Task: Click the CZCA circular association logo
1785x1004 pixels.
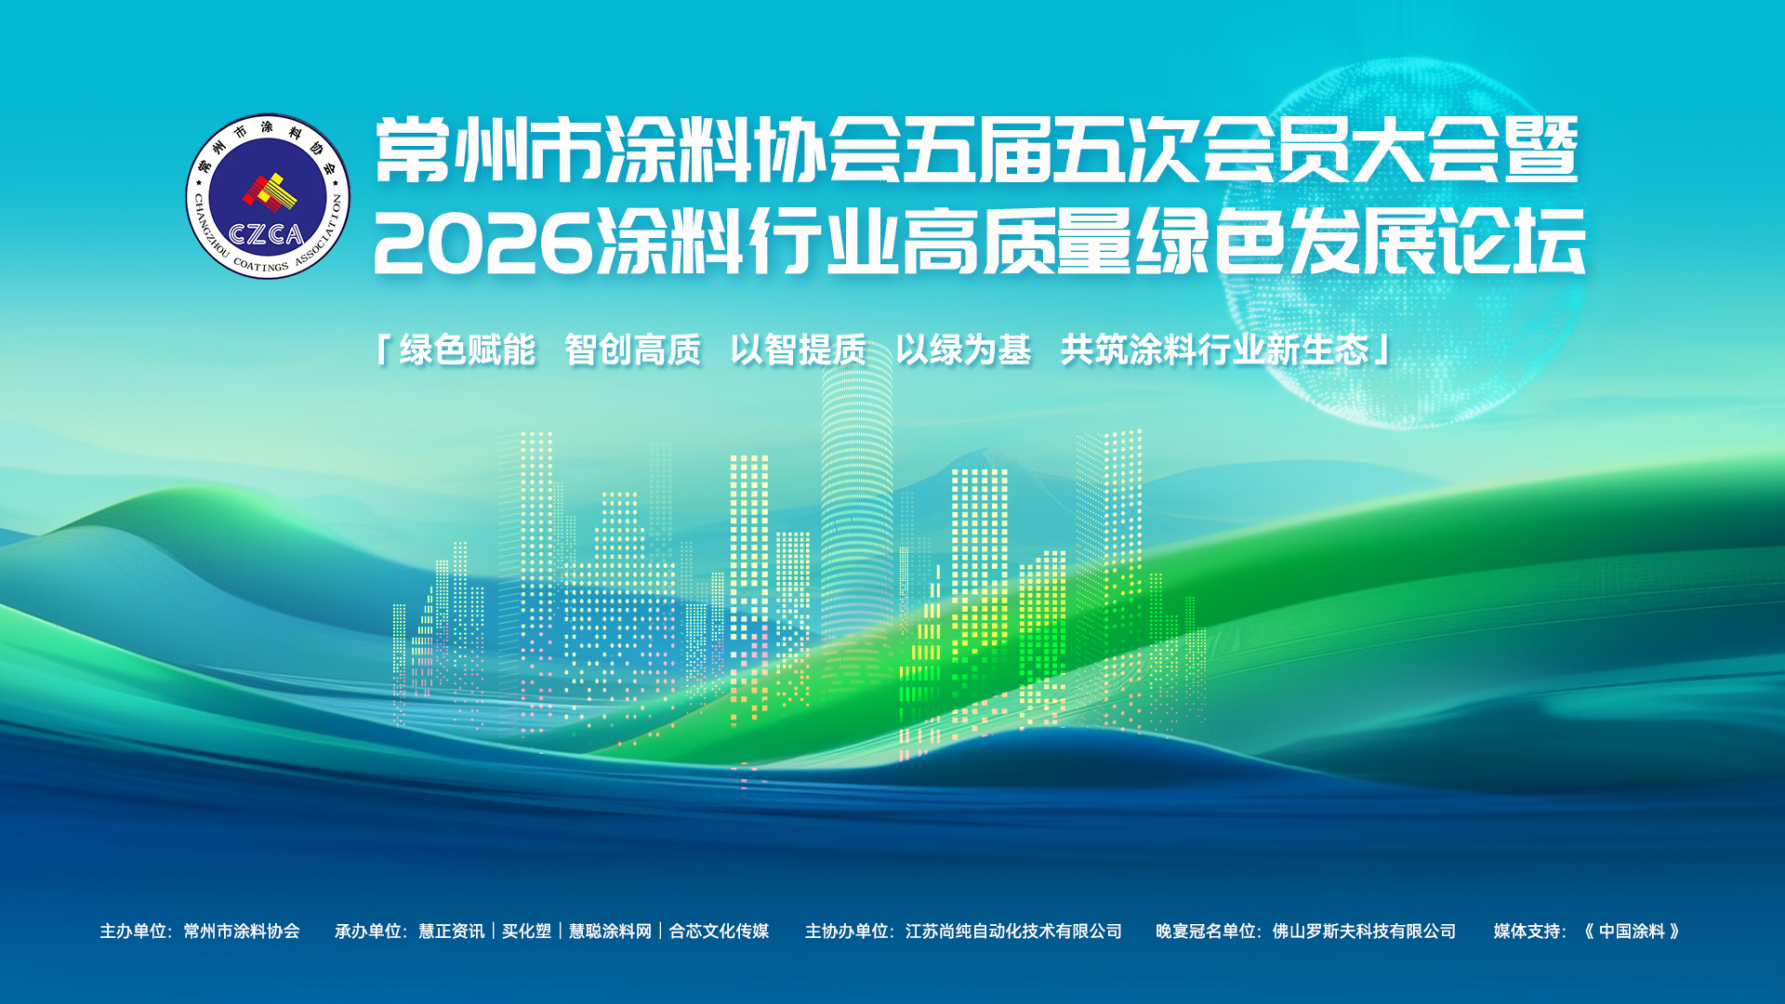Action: click(268, 196)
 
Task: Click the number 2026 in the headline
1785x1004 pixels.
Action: click(483, 244)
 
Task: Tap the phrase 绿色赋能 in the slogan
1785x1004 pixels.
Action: click(468, 350)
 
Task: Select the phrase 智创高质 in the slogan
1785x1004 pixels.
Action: click(633, 350)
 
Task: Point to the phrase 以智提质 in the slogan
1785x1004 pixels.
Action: click(799, 350)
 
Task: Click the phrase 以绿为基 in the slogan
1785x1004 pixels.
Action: click(964, 350)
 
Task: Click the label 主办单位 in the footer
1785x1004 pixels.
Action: click(133, 931)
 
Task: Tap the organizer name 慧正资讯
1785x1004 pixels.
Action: click(452, 931)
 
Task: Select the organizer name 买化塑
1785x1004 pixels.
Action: click(527, 931)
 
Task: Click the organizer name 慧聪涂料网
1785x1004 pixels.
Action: click(611, 931)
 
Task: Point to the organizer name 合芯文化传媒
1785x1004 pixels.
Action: click(720, 931)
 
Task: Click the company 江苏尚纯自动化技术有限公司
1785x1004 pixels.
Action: click(1014, 931)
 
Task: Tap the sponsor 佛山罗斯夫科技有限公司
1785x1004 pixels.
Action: click(1365, 931)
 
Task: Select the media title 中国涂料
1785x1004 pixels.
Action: click(1633, 931)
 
